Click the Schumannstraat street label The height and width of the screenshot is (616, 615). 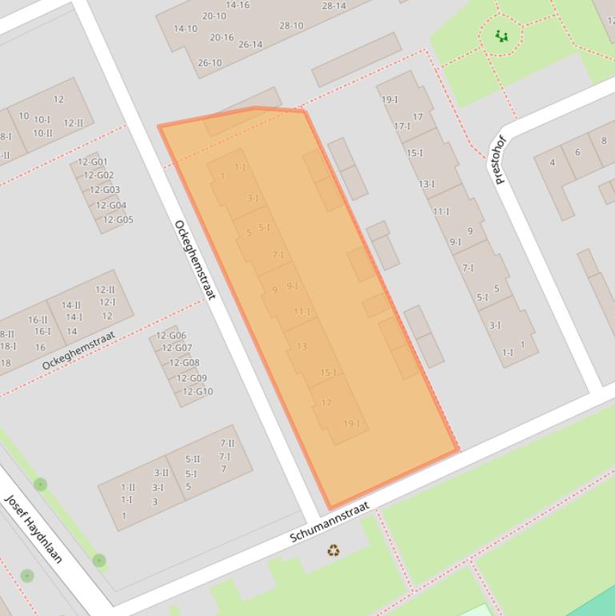click(x=329, y=522)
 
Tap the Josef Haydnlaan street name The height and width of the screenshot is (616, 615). click(x=34, y=528)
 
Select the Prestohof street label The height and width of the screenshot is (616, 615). click(x=501, y=159)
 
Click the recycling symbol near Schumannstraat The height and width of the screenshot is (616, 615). click(x=333, y=550)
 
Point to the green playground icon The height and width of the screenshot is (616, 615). click(x=501, y=35)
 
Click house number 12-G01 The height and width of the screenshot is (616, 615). click(x=92, y=162)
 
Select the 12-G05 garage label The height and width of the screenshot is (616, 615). click(x=118, y=220)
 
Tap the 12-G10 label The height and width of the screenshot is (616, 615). click(x=198, y=392)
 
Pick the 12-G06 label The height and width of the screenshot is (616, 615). click(x=170, y=336)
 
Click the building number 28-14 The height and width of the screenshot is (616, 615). click(x=333, y=6)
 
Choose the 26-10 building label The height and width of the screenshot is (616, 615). click(x=210, y=63)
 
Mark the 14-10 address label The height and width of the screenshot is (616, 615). click(x=186, y=29)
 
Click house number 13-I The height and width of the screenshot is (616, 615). click(x=426, y=184)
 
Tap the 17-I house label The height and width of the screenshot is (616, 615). click(x=401, y=126)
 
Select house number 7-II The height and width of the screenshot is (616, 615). click(x=227, y=443)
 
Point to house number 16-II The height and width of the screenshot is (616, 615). click(x=38, y=320)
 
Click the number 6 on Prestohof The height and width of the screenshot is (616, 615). click(x=577, y=151)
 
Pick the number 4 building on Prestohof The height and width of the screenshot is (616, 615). click(x=552, y=163)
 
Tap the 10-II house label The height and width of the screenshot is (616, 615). click(x=42, y=133)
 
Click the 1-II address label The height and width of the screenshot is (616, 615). click(x=128, y=487)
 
